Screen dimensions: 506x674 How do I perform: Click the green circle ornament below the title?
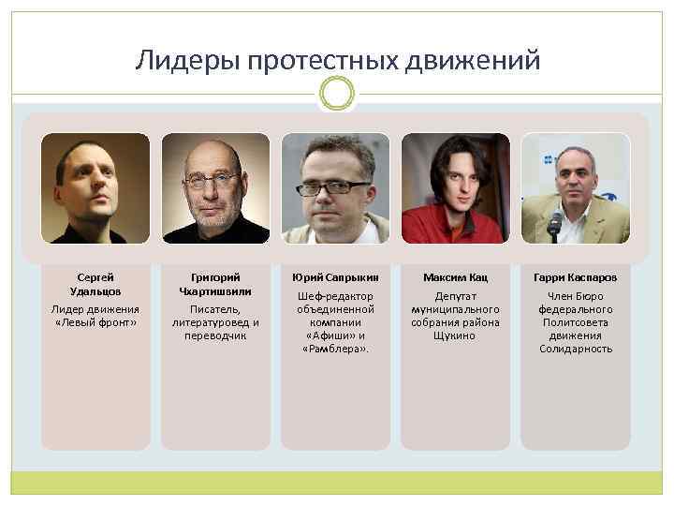(x=337, y=93)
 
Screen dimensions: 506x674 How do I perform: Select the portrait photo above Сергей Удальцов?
(x=95, y=188)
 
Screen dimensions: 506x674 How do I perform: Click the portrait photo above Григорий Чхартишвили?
(x=215, y=188)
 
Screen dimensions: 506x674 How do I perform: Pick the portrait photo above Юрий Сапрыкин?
(x=335, y=188)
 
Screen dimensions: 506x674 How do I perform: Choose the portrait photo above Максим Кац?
(x=455, y=188)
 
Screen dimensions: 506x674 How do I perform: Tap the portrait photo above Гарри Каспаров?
(x=575, y=188)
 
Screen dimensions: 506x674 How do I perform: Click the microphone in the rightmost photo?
(x=556, y=223)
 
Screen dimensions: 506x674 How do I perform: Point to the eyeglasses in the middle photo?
(x=333, y=187)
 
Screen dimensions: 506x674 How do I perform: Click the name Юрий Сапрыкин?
(x=335, y=277)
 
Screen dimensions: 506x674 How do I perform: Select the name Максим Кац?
(x=455, y=277)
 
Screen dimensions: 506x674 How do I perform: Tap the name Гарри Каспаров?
(x=575, y=277)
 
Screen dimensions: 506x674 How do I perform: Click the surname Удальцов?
(x=95, y=290)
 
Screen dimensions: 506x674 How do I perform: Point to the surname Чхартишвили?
(x=215, y=290)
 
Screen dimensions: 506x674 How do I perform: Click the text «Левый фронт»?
(x=95, y=322)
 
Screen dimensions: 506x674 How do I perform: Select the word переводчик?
(x=215, y=335)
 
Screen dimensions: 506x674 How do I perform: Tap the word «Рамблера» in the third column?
(x=335, y=349)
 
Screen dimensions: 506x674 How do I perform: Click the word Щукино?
(x=455, y=335)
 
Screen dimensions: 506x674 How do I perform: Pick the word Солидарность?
(x=575, y=349)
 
